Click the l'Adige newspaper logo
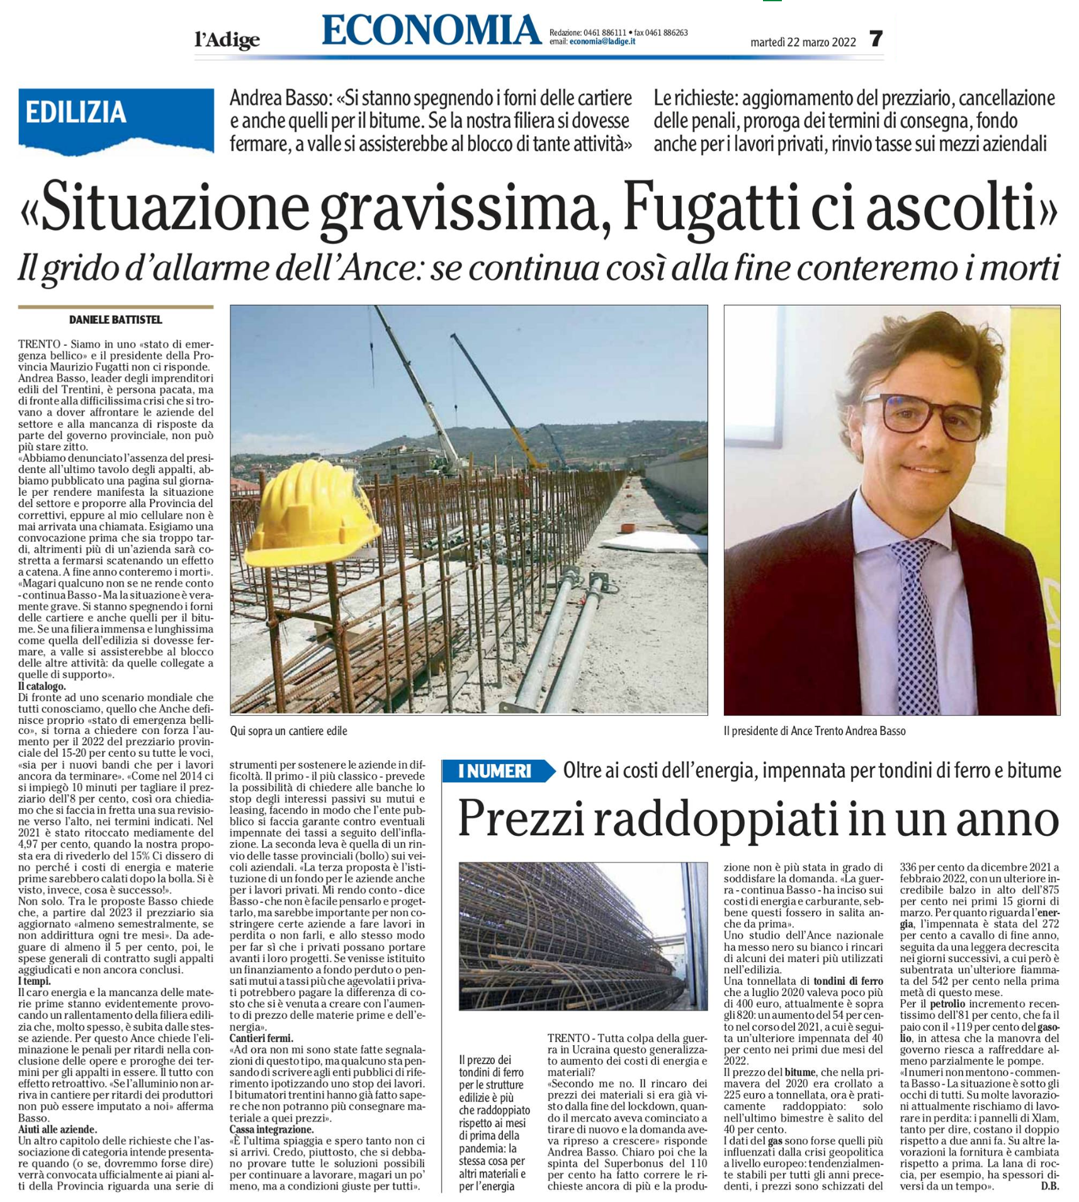click(x=227, y=41)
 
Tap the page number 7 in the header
click(x=876, y=39)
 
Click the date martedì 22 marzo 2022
click(x=803, y=42)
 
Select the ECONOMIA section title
click(x=431, y=30)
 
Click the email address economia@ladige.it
click(x=602, y=42)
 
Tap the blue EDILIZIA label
click(x=76, y=113)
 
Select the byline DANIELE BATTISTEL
click(x=116, y=320)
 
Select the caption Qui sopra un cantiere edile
click(x=288, y=731)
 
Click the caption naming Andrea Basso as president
click(x=814, y=731)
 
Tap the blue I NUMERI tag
click(x=495, y=771)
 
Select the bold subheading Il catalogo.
click(x=42, y=686)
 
